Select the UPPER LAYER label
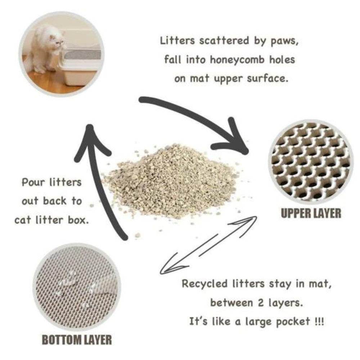click(311, 213)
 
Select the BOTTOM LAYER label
click(77, 339)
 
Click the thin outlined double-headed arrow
click(209, 245)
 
